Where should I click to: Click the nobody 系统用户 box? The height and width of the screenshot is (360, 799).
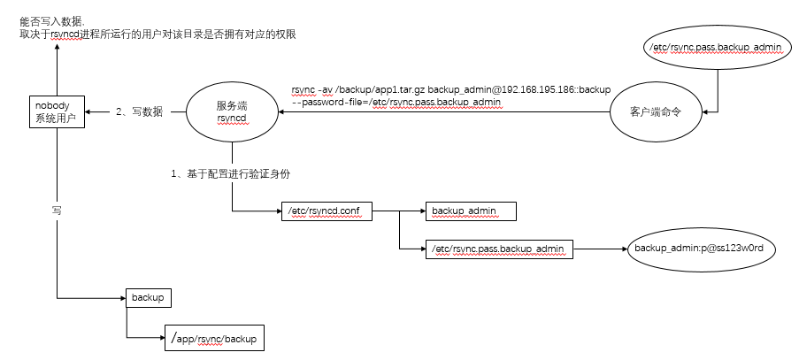point(57,111)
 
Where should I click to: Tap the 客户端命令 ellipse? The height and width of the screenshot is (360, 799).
point(656,112)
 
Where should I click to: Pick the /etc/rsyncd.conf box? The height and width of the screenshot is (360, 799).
point(327,211)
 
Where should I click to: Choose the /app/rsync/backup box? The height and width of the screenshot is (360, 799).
point(214,338)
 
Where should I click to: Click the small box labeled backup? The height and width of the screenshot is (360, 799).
point(149,298)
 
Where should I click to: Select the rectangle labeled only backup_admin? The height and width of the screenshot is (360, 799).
point(471,211)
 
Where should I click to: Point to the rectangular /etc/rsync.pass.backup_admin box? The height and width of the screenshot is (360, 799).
point(498,249)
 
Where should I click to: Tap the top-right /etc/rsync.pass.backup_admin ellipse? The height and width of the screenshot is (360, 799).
point(718,48)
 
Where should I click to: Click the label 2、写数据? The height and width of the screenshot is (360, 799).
point(139,112)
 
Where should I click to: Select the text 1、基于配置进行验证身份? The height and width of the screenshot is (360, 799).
point(230,173)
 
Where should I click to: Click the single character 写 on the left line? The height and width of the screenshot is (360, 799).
point(57,211)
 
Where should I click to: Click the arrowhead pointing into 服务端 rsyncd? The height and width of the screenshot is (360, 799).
point(281,112)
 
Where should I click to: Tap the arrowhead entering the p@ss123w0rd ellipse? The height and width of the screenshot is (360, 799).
point(623,249)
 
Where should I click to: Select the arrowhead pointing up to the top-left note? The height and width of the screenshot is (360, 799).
point(57,47)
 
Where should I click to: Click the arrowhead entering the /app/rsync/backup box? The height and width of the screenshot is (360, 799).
point(161,338)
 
